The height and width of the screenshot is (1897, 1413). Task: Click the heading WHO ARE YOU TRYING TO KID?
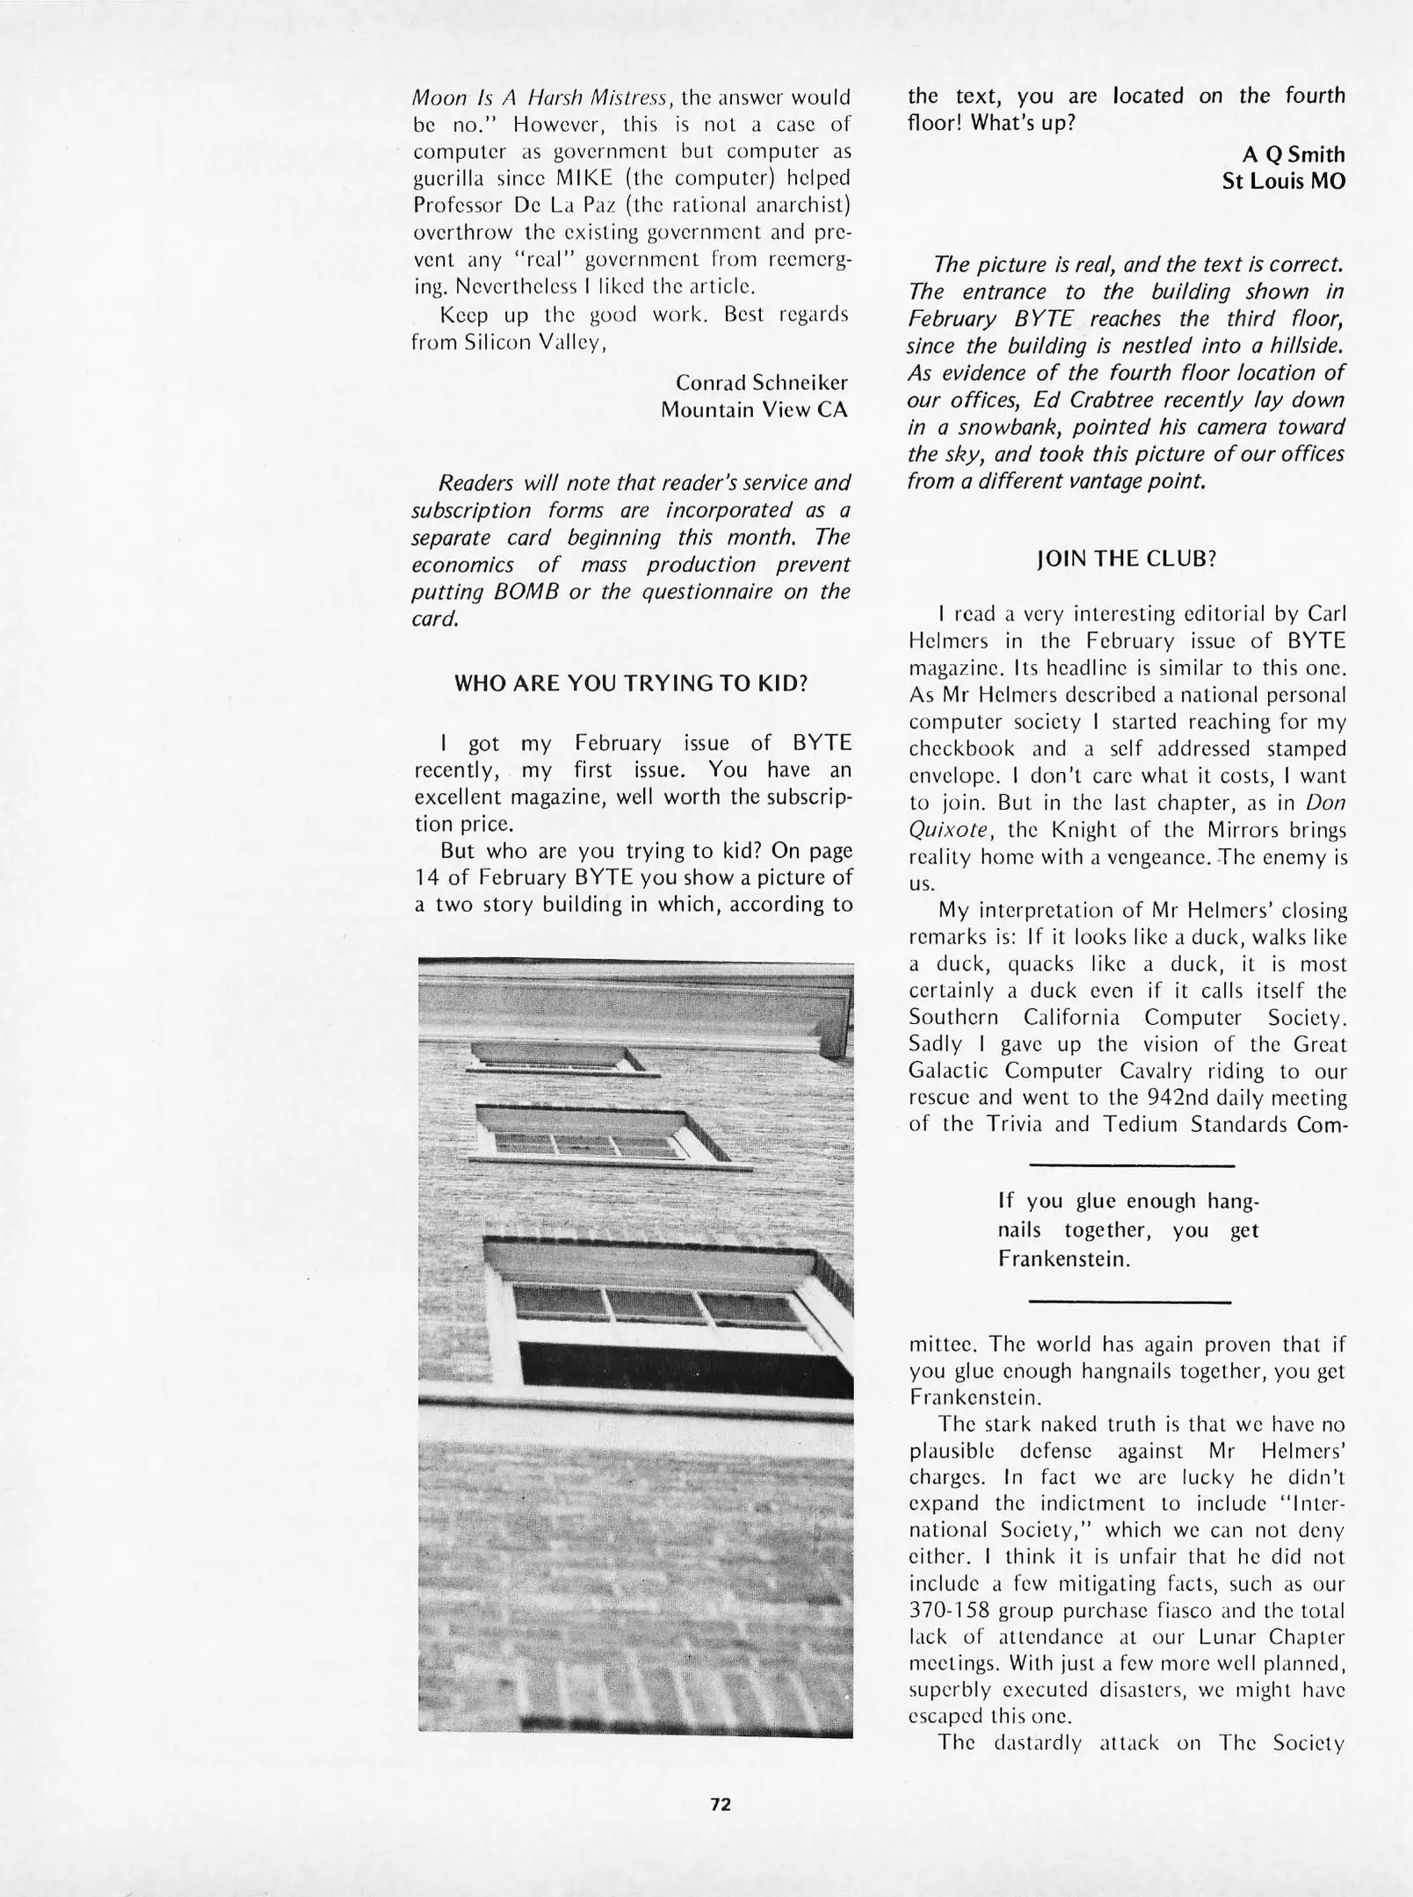pos(631,683)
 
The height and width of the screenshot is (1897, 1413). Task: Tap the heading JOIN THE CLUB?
pos(1127,559)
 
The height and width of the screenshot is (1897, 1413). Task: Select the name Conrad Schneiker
pos(762,383)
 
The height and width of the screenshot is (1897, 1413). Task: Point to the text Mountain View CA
pos(754,410)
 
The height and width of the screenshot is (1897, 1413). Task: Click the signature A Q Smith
pos(1293,155)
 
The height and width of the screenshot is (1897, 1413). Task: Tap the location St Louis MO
pos(1284,182)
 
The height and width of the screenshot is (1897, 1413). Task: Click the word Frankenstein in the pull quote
pos(1063,1259)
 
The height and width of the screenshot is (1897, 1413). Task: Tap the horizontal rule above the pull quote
pos(1131,1166)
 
